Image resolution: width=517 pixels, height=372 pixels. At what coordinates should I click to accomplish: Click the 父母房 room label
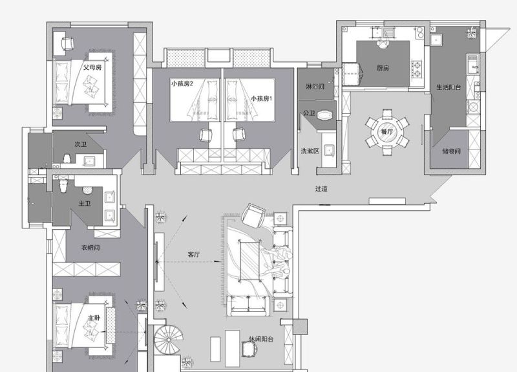pyautogui.click(x=92, y=67)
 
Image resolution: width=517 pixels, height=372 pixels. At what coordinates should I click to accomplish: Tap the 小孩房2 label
pyautogui.click(x=182, y=83)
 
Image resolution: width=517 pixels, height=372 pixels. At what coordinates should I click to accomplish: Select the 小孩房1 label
pyautogui.click(x=262, y=98)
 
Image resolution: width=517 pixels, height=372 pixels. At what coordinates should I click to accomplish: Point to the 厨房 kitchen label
pyautogui.click(x=383, y=68)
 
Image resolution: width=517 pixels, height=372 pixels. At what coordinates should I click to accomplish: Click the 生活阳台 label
pyautogui.click(x=448, y=87)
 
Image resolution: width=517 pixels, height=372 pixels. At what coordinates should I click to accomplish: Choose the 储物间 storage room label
pyautogui.click(x=451, y=151)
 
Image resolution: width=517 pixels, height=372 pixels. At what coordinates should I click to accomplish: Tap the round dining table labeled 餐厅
pyautogui.click(x=387, y=132)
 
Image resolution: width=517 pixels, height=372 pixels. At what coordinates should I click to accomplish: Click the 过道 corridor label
pyautogui.click(x=321, y=189)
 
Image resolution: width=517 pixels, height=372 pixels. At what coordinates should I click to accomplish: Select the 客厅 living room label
pyautogui.click(x=193, y=254)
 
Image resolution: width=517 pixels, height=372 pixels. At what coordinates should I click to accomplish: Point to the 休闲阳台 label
pyautogui.click(x=261, y=339)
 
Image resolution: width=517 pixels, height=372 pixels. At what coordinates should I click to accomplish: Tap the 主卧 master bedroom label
pyautogui.click(x=94, y=318)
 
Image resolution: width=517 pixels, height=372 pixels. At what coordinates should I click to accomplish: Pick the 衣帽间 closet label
pyautogui.click(x=90, y=248)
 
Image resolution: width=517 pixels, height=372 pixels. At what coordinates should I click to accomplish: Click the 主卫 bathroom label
pyautogui.click(x=85, y=204)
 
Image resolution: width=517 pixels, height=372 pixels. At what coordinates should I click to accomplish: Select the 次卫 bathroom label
pyautogui.click(x=80, y=144)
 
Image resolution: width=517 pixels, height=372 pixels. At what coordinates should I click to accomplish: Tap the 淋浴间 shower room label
pyautogui.click(x=315, y=87)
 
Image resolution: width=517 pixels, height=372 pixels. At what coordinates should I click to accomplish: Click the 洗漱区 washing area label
pyautogui.click(x=310, y=151)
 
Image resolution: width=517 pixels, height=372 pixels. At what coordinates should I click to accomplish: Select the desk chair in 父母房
pyautogui.click(x=68, y=43)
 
